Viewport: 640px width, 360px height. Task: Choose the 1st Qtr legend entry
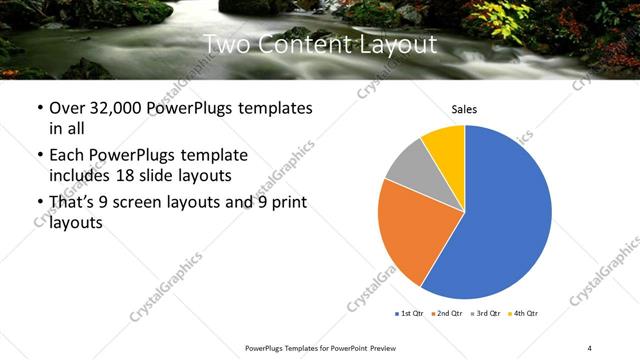[x=411, y=314]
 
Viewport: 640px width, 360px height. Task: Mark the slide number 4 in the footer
[x=590, y=347]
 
